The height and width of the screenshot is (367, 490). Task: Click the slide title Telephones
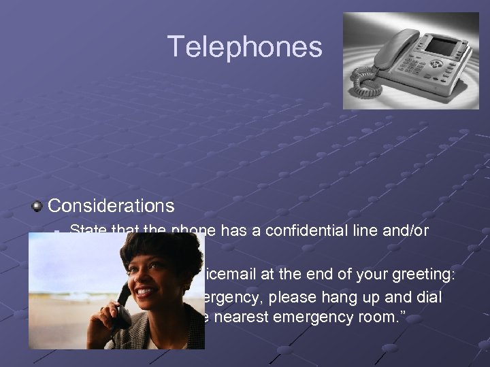245,47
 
